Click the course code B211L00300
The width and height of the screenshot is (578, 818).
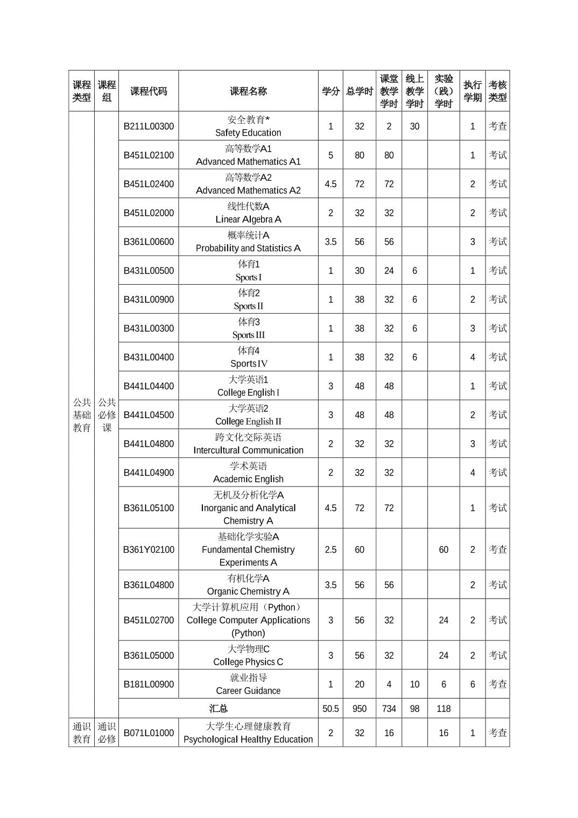pos(149,126)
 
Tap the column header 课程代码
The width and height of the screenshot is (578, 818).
pos(149,91)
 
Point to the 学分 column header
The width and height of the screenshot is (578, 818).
pos(330,91)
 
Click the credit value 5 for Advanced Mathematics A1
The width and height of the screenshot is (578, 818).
pos(330,155)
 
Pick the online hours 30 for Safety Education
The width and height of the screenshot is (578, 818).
pos(414,126)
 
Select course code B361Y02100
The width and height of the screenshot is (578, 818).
pos(149,549)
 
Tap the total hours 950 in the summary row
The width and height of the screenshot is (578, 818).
pos(360,709)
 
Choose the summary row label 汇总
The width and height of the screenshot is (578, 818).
pos(218,709)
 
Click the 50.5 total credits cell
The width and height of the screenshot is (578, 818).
pos(330,709)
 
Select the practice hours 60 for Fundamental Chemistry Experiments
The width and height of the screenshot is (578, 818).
pos(443,549)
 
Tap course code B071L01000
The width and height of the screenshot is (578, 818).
pos(149,733)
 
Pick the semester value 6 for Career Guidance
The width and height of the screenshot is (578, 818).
pos(473,684)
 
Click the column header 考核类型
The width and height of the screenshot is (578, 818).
pos(497,91)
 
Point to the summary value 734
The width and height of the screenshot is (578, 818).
pos(389,709)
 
